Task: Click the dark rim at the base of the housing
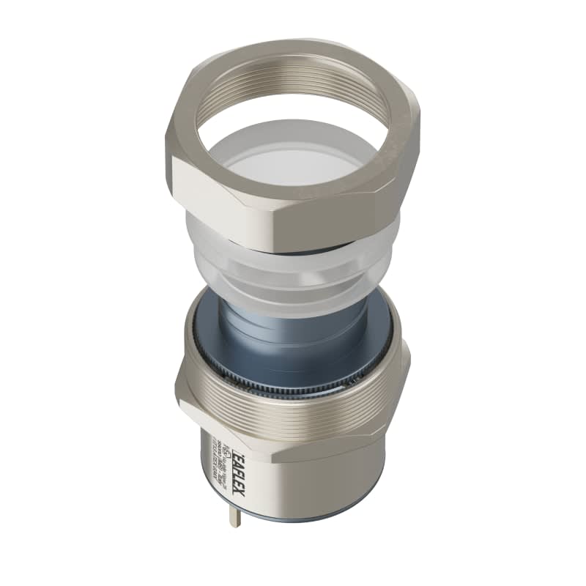(x=308, y=519)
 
